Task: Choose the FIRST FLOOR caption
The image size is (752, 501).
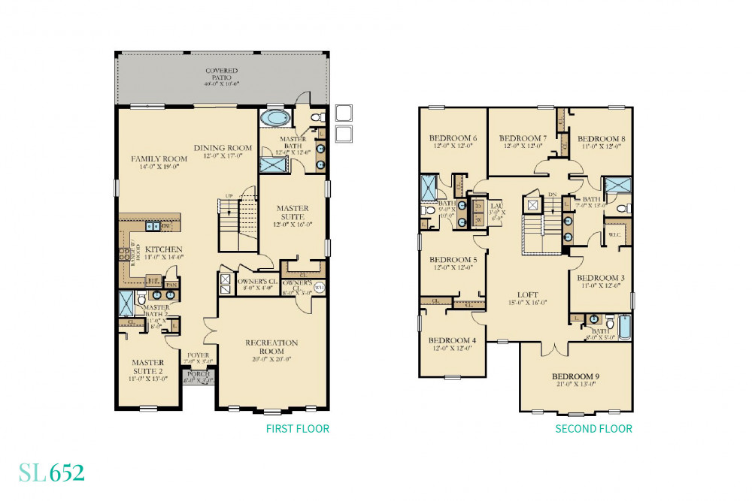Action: click(x=298, y=429)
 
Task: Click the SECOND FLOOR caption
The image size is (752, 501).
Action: click(x=593, y=429)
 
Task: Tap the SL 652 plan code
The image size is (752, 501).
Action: click(x=52, y=473)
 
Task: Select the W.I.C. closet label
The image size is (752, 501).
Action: click(x=615, y=235)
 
